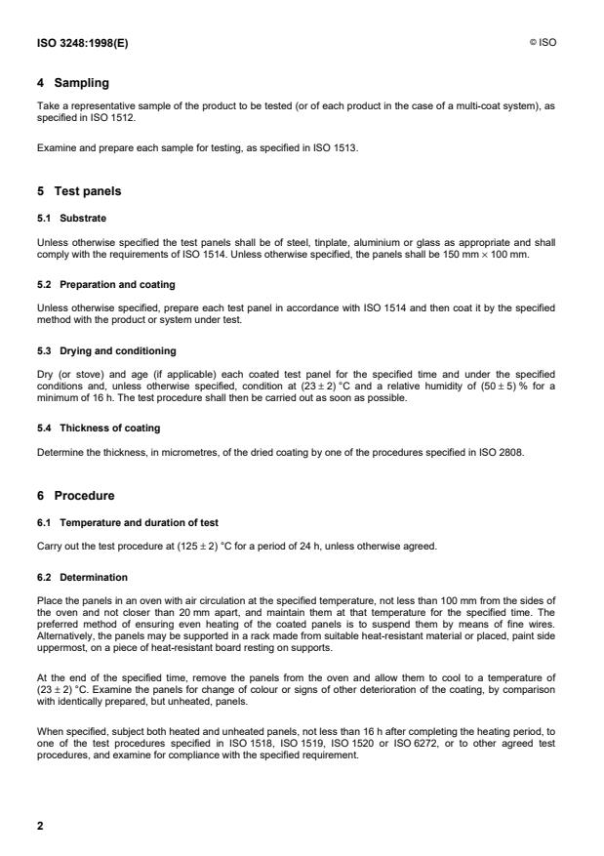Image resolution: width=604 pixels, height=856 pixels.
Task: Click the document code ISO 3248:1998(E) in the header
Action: click(73, 44)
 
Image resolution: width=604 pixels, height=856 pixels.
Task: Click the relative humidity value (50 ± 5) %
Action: click(503, 377)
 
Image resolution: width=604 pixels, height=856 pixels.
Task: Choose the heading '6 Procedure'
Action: click(75, 496)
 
